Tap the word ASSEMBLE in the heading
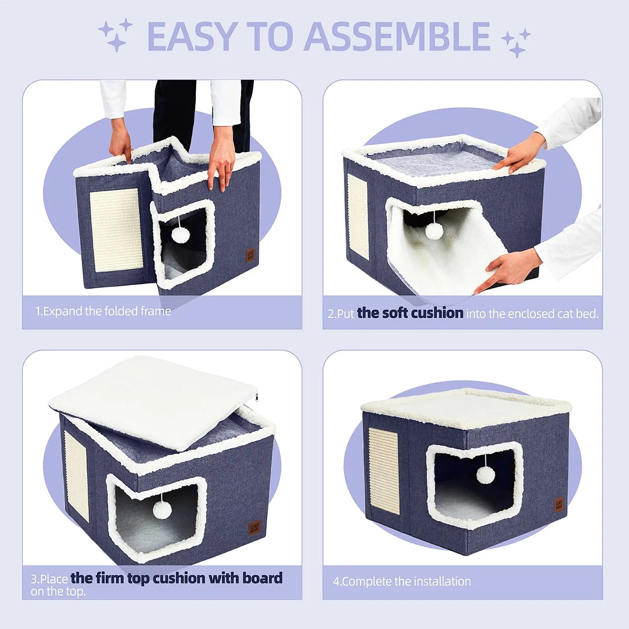pyautogui.click(x=397, y=36)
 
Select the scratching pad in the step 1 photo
pyautogui.click(x=116, y=230)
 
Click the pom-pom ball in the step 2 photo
pyautogui.click(x=434, y=231)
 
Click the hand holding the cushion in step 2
pyautogui.click(x=507, y=271)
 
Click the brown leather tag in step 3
pyautogui.click(x=254, y=528)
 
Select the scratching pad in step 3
pyautogui.click(x=77, y=476)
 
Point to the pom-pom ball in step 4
pyautogui.click(x=485, y=475)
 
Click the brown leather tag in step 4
pyautogui.click(x=558, y=505)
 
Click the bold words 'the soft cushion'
pyautogui.click(x=410, y=313)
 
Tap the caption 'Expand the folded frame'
pyautogui.click(x=107, y=311)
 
